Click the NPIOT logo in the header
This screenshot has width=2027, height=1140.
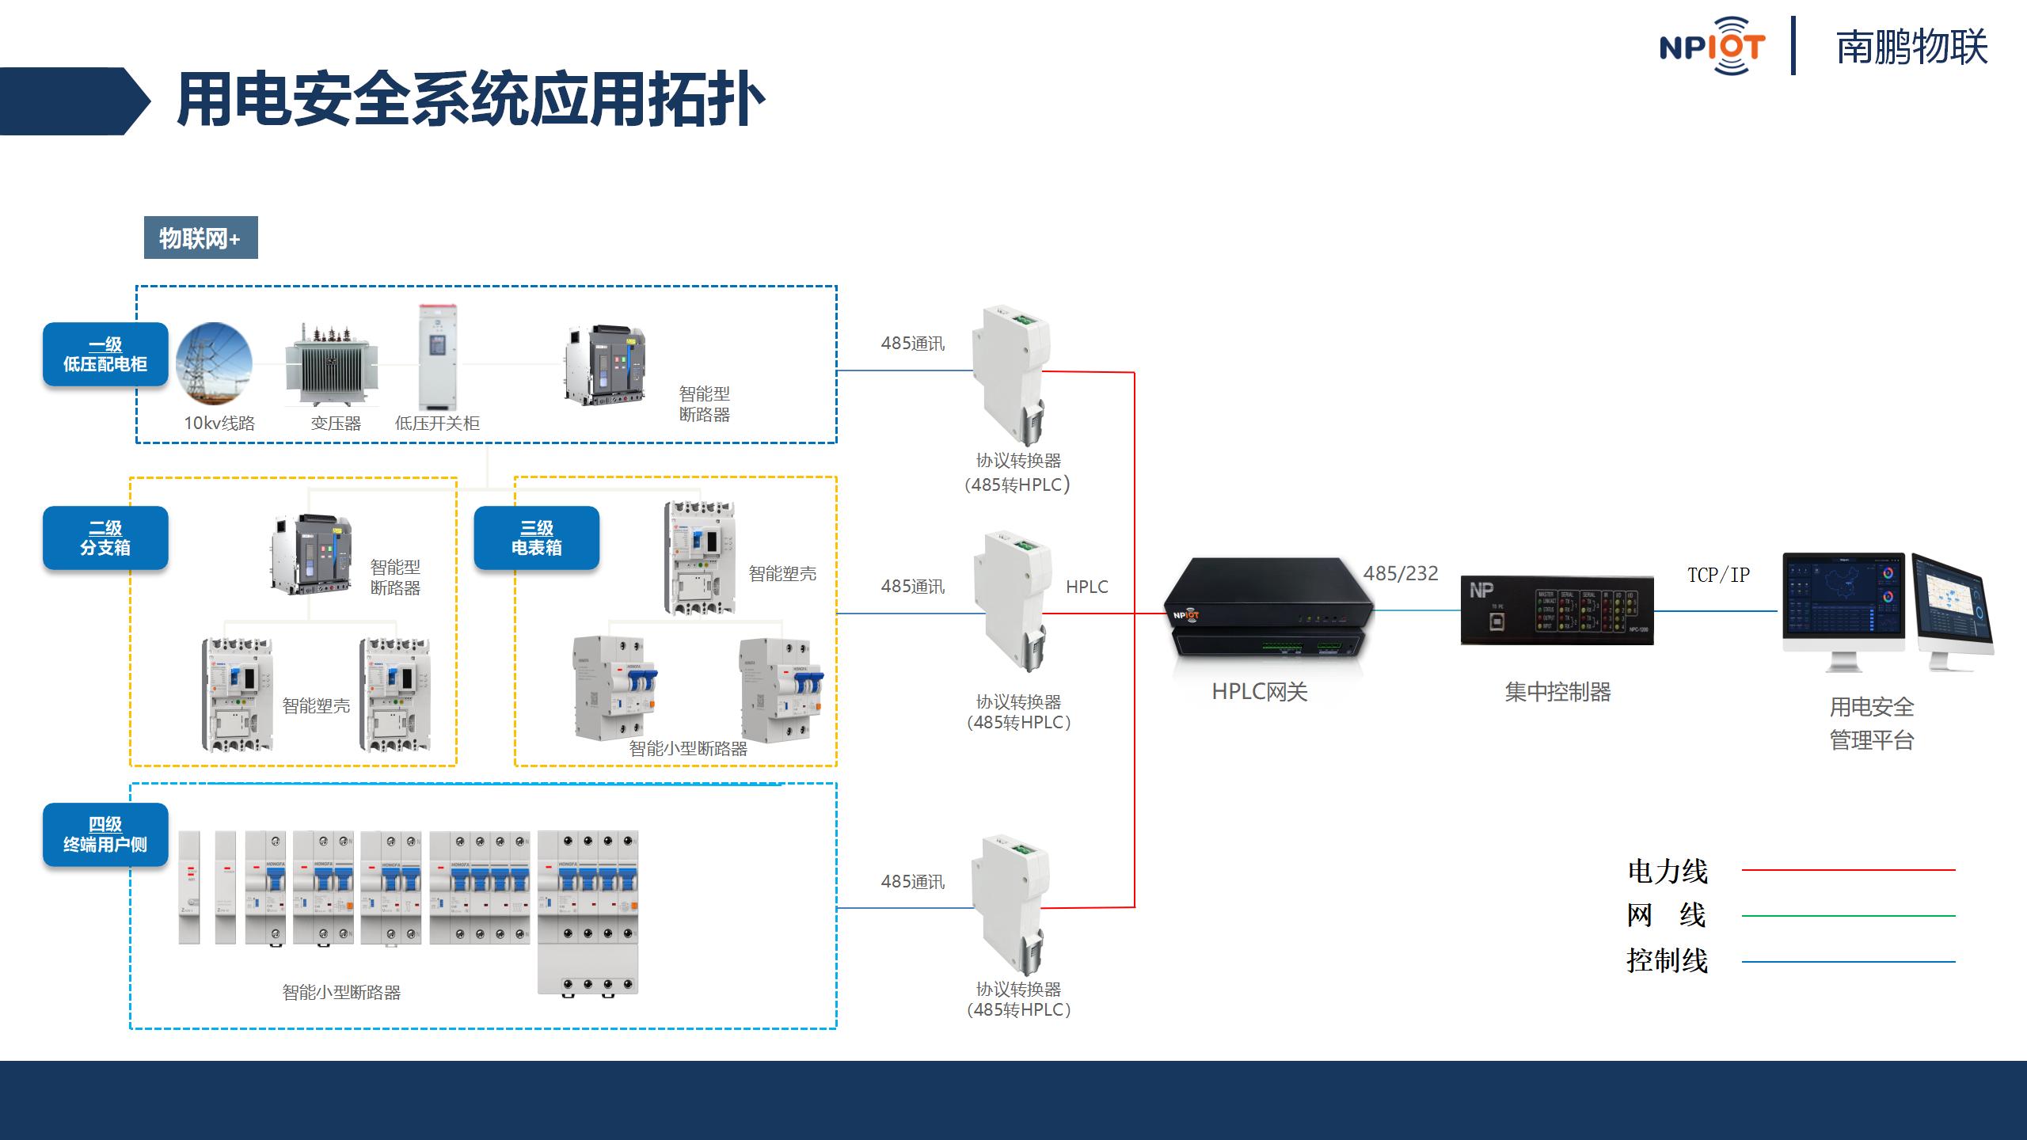click(1712, 46)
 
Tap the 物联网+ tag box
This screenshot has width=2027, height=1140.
click(200, 237)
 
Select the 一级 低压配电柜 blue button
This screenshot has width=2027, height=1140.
click(105, 355)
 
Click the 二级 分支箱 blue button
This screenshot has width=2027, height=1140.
click(105, 538)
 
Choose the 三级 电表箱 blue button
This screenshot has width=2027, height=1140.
click(536, 538)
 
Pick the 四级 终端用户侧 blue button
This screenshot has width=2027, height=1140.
click(105, 835)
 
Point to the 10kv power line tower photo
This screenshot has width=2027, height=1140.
click(214, 363)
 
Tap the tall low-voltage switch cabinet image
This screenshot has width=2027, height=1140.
click(438, 356)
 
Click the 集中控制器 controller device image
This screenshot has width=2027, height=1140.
click(1557, 610)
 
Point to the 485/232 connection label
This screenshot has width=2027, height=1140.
click(1401, 574)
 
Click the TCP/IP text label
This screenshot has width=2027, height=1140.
click(1718, 575)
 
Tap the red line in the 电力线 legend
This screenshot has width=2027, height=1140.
click(1848, 870)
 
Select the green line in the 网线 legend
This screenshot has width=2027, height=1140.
click(1848, 916)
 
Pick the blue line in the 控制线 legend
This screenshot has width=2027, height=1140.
click(1848, 962)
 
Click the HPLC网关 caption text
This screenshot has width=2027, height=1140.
click(1259, 692)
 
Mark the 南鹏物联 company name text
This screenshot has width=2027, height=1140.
click(1911, 47)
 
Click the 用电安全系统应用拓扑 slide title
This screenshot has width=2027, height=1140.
click(470, 101)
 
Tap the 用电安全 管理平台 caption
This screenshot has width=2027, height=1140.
click(1872, 724)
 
